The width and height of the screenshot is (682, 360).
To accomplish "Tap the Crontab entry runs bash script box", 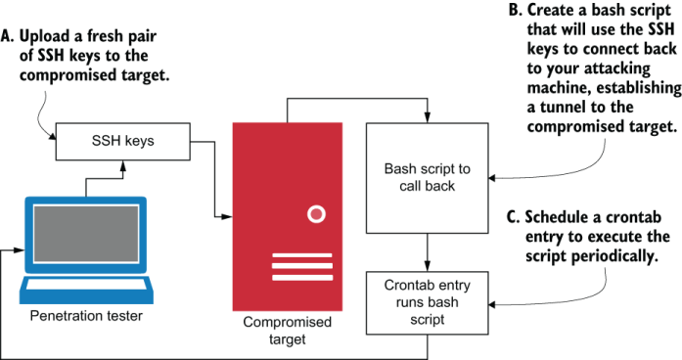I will (426, 293).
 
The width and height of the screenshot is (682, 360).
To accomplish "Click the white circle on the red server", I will (315, 213).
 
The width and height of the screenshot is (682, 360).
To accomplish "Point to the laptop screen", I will (85, 238).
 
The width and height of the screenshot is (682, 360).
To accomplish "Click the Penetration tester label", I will (86, 316).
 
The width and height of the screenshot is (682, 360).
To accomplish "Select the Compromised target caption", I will (287, 331).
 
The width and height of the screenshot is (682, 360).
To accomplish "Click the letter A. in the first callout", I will (10, 37).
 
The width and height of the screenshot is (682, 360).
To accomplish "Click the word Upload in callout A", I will (49, 37).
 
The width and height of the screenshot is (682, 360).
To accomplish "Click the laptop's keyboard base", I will (86, 289).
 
